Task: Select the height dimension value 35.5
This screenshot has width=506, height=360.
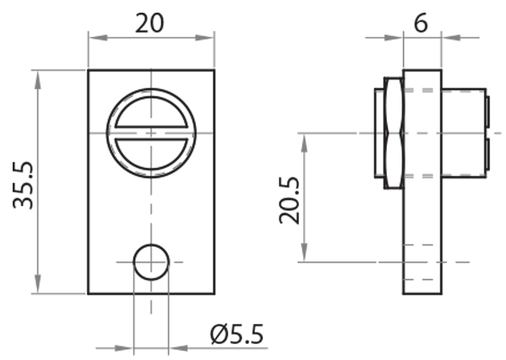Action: click(x=24, y=183)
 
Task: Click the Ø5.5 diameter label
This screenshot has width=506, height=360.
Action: click(x=237, y=333)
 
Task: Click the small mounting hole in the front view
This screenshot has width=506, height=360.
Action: click(x=151, y=261)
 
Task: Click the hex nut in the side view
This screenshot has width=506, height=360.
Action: click(x=393, y=133)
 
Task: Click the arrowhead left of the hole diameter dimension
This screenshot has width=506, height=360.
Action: click(x=126, y=347)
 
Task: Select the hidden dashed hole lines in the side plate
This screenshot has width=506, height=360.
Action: click(x=422, y=261)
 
